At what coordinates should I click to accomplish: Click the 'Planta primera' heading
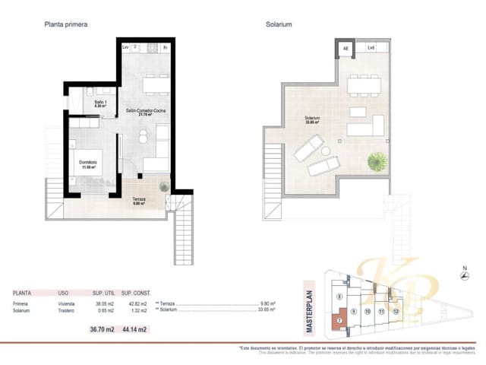point(66,24)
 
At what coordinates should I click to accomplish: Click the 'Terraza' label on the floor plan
point(139,200)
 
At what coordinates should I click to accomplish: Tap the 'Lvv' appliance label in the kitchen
point(126,48)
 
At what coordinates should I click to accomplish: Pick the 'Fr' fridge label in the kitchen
point(165,48)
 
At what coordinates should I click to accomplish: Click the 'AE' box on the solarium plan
point(346,49)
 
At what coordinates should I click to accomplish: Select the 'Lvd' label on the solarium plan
point(371,49)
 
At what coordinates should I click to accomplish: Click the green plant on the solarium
point(377,161)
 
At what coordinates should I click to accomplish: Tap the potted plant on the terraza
point(164,186)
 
